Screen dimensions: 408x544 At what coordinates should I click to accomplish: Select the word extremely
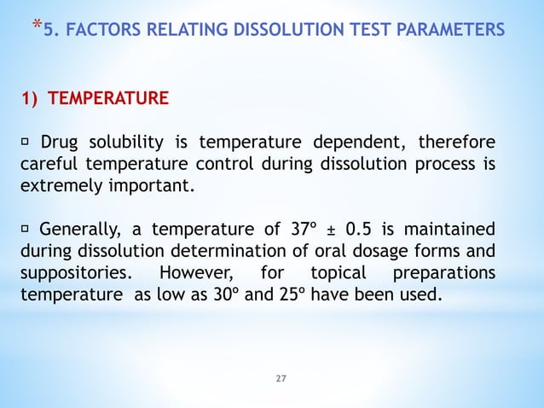pyautogui.click(x=61, y=183)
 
